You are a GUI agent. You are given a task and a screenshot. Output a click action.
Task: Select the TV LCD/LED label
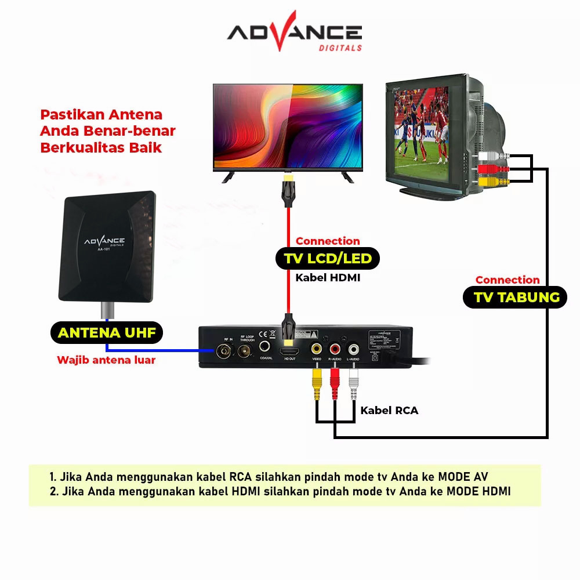[328, 258]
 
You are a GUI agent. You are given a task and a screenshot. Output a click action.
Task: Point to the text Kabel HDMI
[328, 278]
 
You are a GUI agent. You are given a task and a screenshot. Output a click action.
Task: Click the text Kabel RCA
[389, 411]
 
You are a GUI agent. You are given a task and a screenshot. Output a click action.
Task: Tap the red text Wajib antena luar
[106, 360]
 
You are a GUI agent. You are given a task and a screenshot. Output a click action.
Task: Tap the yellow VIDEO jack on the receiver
[317, 349]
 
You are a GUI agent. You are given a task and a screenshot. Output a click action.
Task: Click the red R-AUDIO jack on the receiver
[335, 349]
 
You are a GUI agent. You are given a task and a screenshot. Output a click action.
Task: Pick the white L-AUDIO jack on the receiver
[353, 349]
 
